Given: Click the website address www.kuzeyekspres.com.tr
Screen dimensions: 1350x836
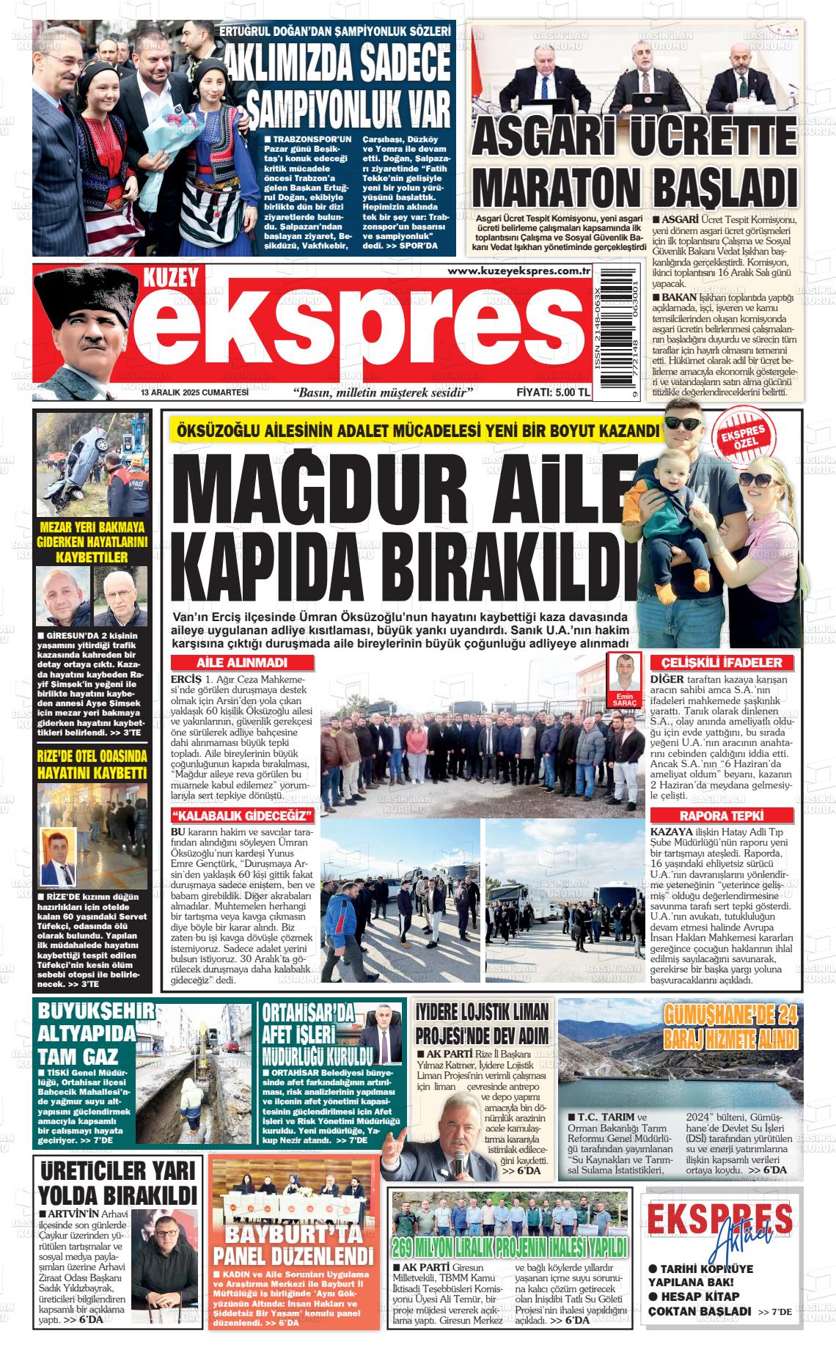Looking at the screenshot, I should coord(519,271).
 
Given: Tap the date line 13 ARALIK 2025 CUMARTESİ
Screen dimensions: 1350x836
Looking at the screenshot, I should coord(195,392).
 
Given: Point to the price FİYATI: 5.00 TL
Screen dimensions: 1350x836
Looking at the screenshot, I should coord(553,392).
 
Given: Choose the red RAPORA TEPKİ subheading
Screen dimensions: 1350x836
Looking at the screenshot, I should coord(722,815).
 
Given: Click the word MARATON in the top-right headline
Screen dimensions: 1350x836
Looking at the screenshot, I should coord(557,187).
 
